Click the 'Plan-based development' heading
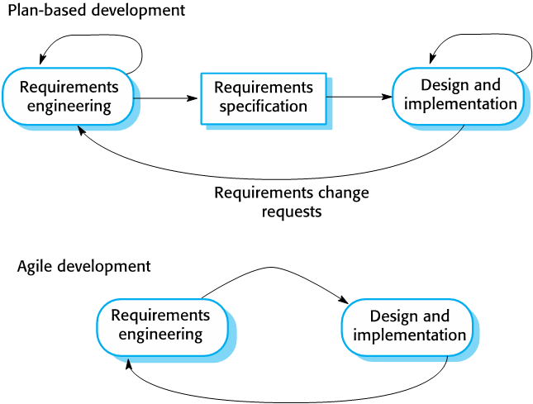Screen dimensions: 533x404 (97, 10)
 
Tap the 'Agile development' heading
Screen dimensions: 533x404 (84, 266)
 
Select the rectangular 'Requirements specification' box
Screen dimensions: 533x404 (264, 98)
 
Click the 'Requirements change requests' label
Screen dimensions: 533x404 (292, 202)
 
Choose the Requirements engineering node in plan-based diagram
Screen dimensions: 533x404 (68, 97)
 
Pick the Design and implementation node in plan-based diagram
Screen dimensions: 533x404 (458, 96)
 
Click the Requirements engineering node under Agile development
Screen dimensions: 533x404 (163, 327)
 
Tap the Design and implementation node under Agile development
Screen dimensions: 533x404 (407, 327)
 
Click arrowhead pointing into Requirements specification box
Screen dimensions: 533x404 (193, 98)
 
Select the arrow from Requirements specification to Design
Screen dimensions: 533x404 (359, 97)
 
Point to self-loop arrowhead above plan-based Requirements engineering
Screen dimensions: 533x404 (42, 59)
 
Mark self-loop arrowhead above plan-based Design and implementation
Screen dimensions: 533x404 (432, 59)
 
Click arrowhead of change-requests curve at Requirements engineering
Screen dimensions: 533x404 (81, 131)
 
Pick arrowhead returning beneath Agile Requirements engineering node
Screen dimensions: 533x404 (128, 364)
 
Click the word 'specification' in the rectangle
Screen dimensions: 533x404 (264, 107)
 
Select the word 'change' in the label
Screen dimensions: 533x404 (343, 192)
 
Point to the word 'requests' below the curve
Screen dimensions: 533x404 (292, 212)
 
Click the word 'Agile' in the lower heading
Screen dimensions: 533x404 (35, 266)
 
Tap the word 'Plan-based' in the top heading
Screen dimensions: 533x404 (48, 10)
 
